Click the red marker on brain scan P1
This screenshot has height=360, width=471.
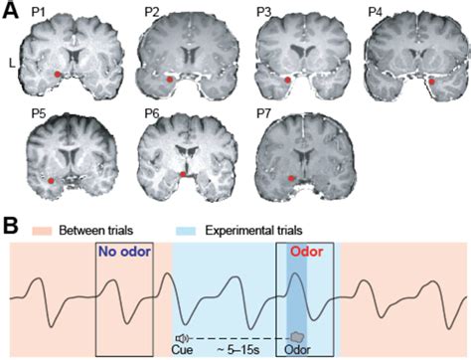[57, 75]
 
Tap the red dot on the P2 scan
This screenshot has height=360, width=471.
[170, 79]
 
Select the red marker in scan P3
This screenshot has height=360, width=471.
[287, 79]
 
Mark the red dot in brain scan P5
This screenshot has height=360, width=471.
[52, 181]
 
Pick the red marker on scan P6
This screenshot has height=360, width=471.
[182, 175]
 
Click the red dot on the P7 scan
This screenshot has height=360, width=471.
[290, 178]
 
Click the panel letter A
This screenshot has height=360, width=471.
[9, 9]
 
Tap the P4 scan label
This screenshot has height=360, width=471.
[376, 11]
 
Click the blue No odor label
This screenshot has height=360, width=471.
[123, 253]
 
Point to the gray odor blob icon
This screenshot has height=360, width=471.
[297, 337]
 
